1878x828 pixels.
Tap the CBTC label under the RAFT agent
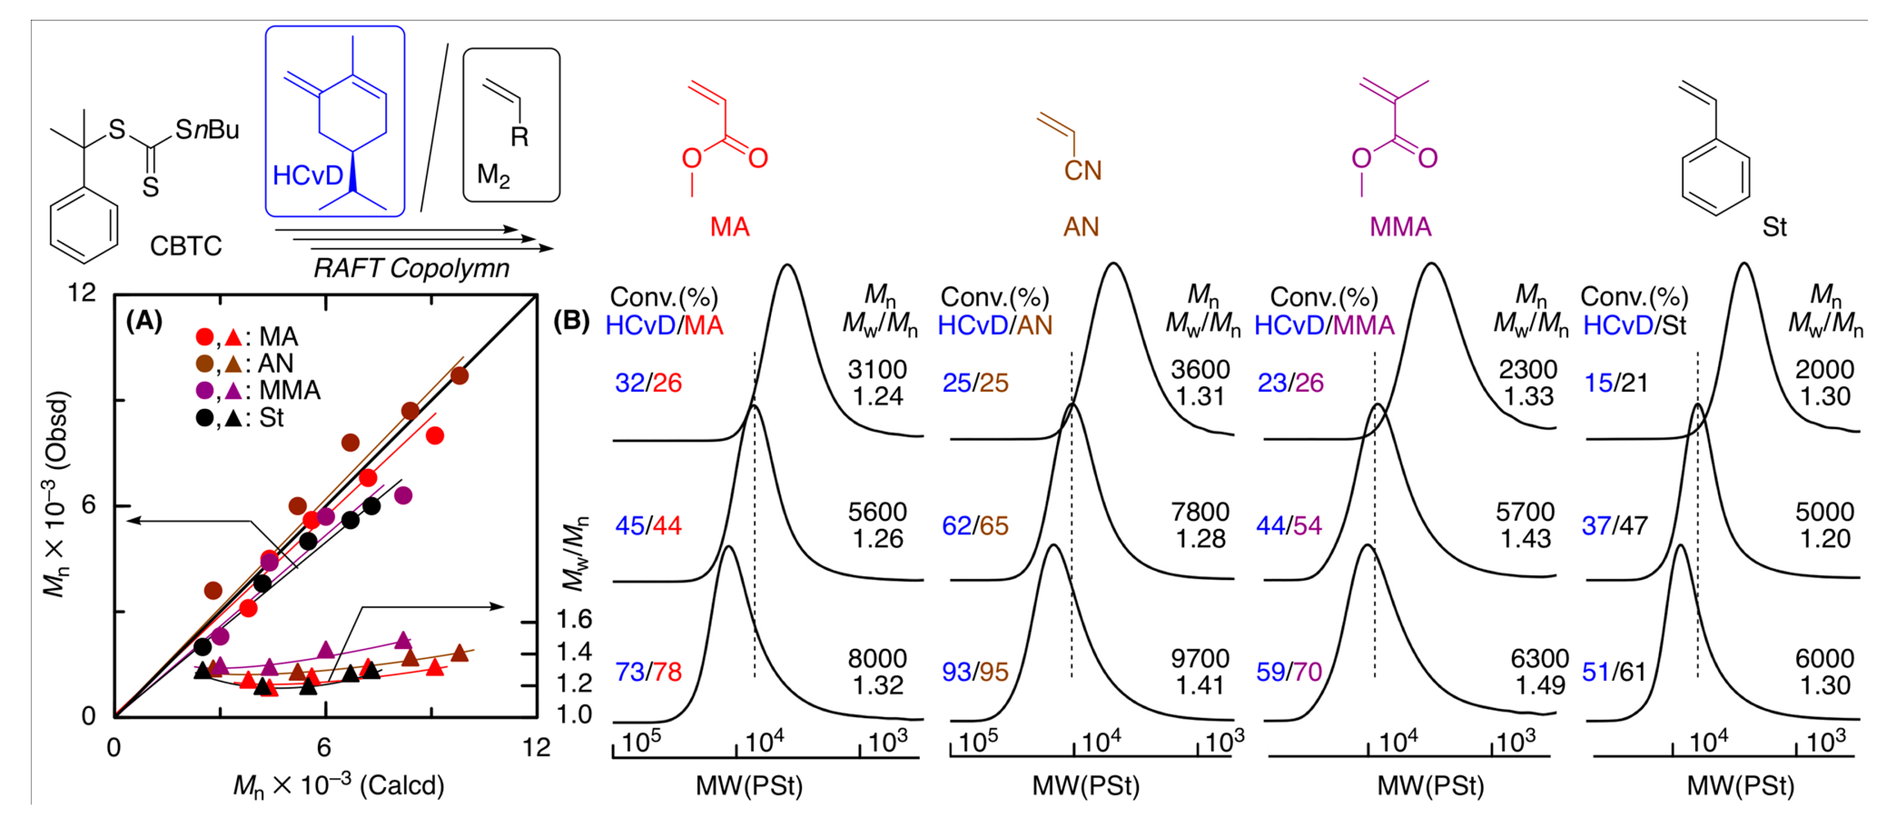[185, 247]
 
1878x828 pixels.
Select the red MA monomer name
[729, 227]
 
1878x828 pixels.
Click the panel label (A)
[144, 321]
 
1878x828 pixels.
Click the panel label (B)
[571, 321]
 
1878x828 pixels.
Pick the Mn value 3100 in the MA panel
[876, 370]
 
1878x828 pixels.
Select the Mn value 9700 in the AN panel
[1199, 659]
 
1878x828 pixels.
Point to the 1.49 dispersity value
[1540, 686]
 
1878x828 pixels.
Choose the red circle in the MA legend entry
[205, 337]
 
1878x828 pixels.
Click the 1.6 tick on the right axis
[574, 620]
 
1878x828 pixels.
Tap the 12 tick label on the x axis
[536, 748]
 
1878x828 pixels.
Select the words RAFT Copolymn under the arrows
[411, 269]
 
